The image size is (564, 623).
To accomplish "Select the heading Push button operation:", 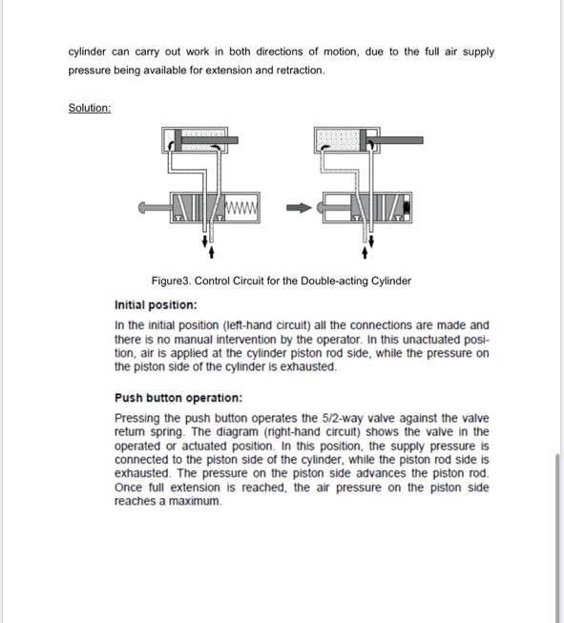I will coord(178,397).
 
